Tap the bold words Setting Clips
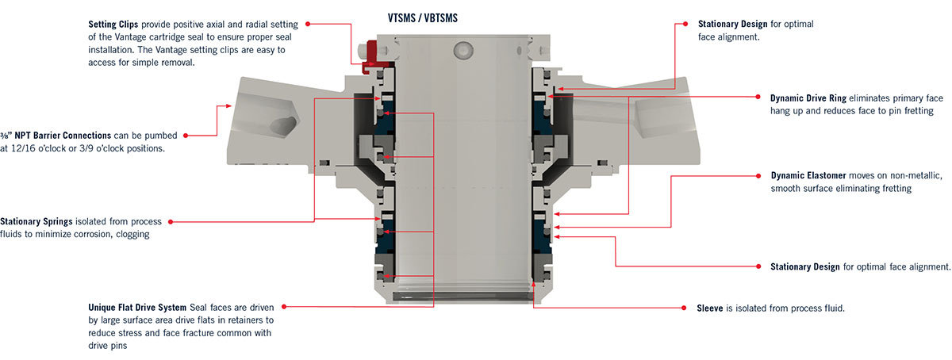(x=113, y=24)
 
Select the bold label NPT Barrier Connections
(x=48, y=136)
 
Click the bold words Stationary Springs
(x=37, y=221)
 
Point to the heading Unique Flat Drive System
(x=137, y=307)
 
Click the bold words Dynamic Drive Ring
(x=808, y=98)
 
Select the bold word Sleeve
(x=709, y=307)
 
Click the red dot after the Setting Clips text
(x=307, y=24)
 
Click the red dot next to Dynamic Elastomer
(x=758, y=175)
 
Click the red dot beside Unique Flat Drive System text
(x=286, y=306)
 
